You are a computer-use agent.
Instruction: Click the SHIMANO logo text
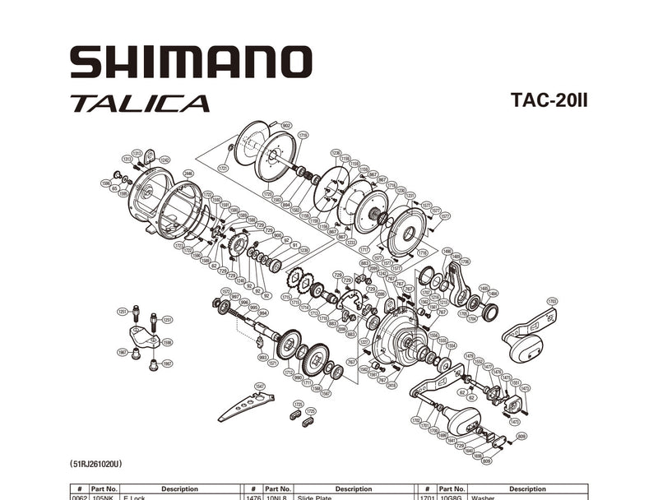tap(191, 62)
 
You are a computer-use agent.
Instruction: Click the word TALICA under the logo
tap(140, 104)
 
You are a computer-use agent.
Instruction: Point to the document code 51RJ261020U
tap(103, 465)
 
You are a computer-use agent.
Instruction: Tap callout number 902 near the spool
tap(286, 125)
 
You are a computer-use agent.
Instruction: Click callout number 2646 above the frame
tap(188, 174)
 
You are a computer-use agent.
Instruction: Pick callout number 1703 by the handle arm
tap(552, 301)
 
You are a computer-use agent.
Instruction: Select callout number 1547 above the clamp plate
tap(260, 386)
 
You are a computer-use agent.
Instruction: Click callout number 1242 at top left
tap(164, 160)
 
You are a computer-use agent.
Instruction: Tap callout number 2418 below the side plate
tap(392, 384)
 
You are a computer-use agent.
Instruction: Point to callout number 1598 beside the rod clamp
tap(167, 342)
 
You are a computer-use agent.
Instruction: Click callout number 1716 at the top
tap(304, 134)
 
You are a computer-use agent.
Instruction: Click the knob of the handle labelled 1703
tap(524, 349)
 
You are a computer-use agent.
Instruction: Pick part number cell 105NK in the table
tap(104, 498)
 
